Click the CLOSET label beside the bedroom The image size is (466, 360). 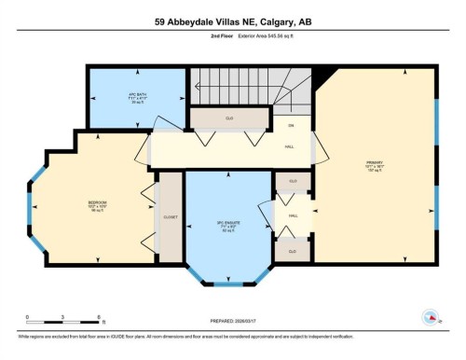(x=170, y=216)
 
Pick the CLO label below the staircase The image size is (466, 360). (x=228, y=118)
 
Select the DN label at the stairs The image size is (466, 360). (x=291, y=126)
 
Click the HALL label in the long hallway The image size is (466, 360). (x=291, y=146)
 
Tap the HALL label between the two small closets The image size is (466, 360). (x=293, y=215)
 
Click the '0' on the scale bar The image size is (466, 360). (x=28, y=318)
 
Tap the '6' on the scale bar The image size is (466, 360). (x=99, y=318)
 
